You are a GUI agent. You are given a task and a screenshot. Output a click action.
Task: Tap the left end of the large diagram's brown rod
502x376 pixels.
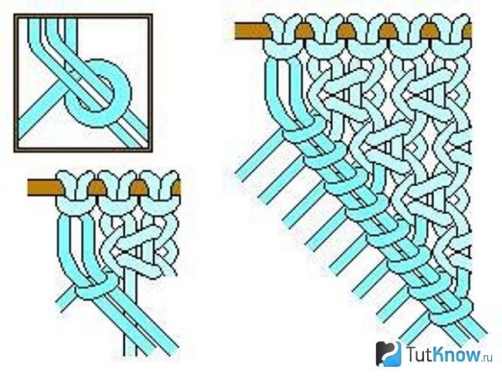tap(236, 31)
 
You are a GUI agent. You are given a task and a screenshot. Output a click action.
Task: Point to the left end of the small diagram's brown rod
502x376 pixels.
tap(29, 188)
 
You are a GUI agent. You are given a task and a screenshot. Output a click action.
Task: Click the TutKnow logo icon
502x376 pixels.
tap(388, 354)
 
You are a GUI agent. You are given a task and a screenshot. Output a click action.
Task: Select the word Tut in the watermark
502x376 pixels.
tap(418, 354)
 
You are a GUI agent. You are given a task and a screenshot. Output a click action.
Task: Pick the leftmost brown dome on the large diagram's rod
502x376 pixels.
tap(304, 31)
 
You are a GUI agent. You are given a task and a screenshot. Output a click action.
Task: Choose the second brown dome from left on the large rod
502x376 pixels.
tap(346, 31)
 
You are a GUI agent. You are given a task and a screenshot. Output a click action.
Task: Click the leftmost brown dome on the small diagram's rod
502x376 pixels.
tap(97, 188)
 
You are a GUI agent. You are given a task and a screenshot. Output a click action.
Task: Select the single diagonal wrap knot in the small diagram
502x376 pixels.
tap(97, 286)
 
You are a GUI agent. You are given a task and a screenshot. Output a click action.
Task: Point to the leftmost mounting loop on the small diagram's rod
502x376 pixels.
tap(76, 193)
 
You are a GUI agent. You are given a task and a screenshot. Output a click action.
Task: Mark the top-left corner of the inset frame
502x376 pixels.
tap(15, 15)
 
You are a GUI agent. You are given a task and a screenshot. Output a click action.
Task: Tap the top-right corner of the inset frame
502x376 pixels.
tap(151, 15)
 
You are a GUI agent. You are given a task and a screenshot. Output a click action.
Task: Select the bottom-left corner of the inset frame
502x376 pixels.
tap(15, 151)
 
